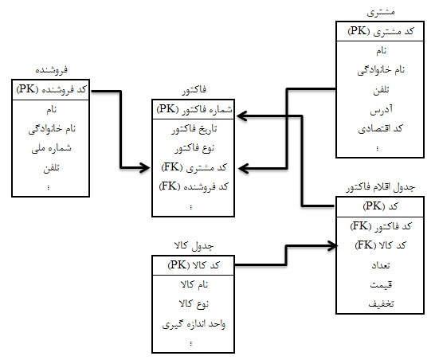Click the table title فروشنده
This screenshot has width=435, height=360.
(51, 69)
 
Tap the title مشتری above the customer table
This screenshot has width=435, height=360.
(381, 12)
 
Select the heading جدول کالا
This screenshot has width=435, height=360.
(194, 245)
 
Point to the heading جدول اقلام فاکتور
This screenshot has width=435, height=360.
(380, 187)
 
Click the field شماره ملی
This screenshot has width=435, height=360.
(51, 148)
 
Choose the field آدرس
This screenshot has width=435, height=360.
(381, 110)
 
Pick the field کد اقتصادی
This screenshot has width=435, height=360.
(380, 129)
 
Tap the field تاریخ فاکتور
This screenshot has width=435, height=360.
(194, 129)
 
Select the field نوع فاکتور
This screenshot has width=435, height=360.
(194, 149)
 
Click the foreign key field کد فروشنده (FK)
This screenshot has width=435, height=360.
(194, 186)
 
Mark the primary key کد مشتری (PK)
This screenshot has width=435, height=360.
(380, 31)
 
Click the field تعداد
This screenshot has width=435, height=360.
(381, 265)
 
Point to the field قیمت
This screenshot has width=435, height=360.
(381, 284)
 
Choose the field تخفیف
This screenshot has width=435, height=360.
(381, 304)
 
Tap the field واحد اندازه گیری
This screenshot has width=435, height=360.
(194, 324)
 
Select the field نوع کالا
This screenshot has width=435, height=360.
(194, 304)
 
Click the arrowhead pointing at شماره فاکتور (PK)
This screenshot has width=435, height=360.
(241, 116)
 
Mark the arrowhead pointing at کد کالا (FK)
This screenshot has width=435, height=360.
(333, 246)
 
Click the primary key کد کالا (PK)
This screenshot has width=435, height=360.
(194, 265)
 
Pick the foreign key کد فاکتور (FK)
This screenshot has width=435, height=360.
(380, 226)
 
